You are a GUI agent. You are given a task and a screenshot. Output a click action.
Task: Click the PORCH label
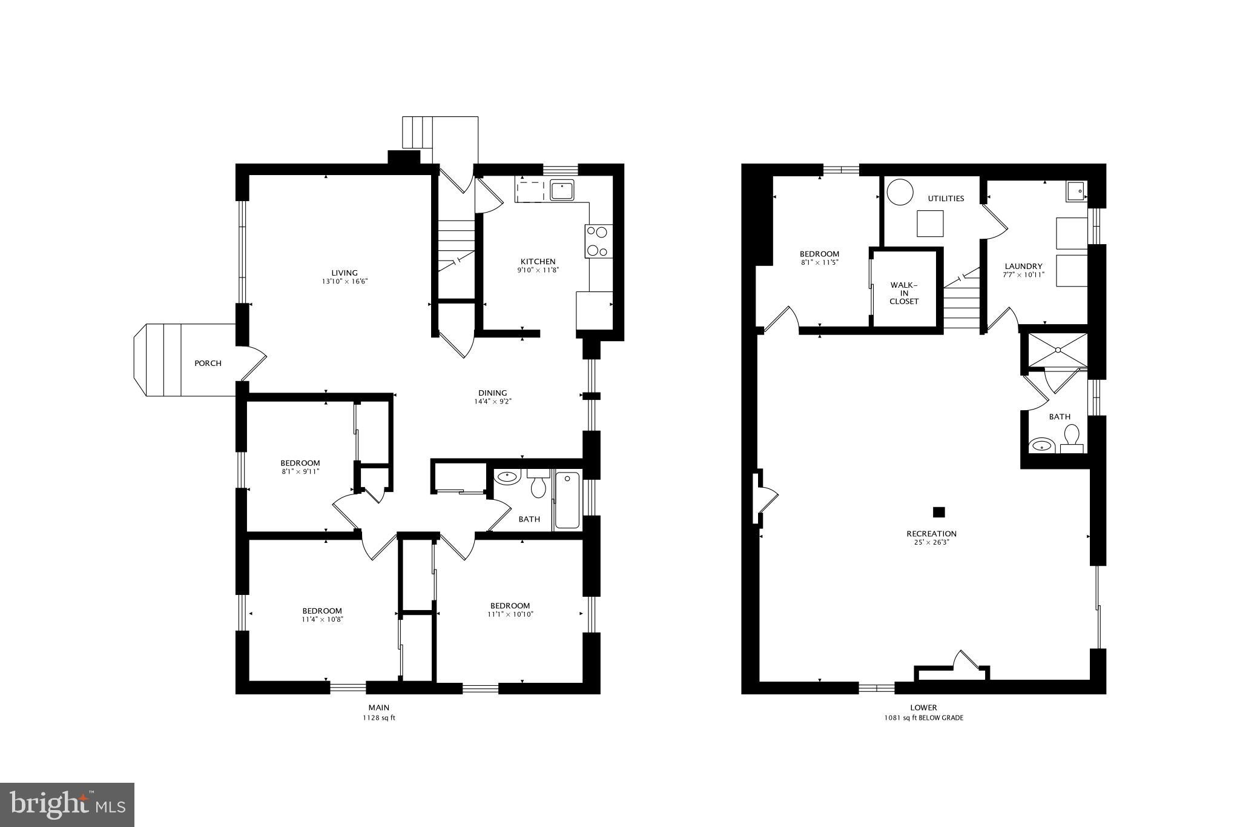208,364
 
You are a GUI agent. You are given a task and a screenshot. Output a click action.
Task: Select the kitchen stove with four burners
598,241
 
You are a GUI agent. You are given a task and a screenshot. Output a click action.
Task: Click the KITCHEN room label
538,262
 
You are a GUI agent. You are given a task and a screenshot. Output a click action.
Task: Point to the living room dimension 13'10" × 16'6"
345,282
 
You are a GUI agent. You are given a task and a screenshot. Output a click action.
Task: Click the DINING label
493,393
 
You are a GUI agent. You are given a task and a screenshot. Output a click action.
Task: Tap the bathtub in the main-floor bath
567,502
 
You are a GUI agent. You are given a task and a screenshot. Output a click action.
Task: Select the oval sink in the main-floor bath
507,477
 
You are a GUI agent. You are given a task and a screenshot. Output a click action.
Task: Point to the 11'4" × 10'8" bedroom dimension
322,620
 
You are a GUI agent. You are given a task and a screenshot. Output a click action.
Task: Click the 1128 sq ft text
378,718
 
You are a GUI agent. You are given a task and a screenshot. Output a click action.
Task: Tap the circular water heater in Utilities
900,193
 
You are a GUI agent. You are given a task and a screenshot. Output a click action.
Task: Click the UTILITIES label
946,199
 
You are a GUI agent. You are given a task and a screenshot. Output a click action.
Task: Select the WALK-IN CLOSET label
904,293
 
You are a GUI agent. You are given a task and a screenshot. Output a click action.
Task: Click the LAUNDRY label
1023,266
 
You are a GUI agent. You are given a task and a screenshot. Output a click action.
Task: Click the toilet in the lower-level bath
1072,438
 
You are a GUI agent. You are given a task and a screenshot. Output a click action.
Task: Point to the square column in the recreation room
938,512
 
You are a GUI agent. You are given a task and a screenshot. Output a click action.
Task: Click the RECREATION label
931,534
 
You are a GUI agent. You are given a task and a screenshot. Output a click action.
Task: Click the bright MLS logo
67,805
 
